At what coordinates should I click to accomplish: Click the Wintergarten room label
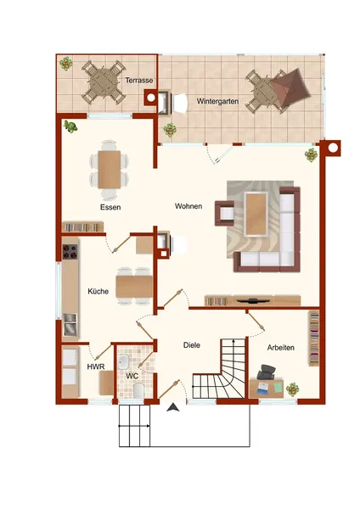(x=217, y=101)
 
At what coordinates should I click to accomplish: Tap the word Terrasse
(x=139, y=81)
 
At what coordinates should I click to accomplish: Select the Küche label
(x=98, y=291)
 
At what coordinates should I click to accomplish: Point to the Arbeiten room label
(x=281, y=348)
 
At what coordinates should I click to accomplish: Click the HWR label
(x=96, y=366)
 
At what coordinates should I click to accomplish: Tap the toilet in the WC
(x=138, y=391)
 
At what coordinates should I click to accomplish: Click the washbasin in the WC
(x=123, y=362)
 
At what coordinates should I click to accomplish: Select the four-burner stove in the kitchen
(x=70, y=252)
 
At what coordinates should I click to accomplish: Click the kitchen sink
(x=70, y=324)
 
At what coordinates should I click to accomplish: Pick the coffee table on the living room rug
(x=256, y=214)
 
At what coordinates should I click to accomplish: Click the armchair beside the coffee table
(x=224, y=213)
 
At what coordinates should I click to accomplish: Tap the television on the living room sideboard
(x=252, y=300)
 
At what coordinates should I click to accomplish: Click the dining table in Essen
(x=110, y=169)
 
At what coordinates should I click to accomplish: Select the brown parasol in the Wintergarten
(x=291, y=87)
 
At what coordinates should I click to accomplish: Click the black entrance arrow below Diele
(x=173, y=407)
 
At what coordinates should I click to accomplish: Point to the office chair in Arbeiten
(x=266, y=372)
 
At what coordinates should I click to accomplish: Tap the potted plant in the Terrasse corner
(x=66, y=64)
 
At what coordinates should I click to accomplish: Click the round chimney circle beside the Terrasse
(x=151, y=98)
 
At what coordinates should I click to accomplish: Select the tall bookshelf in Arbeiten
(x=314, y=338)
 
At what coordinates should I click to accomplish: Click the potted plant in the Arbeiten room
(x=293, y=389)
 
